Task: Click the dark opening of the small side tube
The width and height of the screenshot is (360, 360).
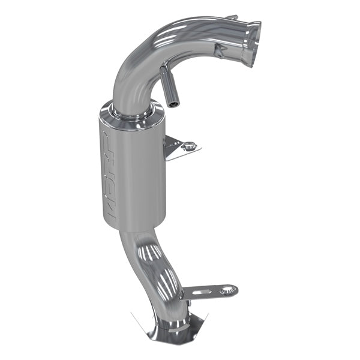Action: pos(173,104)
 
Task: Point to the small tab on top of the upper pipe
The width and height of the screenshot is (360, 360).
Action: pos(232,17)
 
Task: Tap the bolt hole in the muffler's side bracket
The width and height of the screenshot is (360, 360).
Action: pos(190,145)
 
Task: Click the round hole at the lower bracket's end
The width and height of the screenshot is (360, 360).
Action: pos(226,291)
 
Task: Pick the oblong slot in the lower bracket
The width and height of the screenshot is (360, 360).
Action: pos(203,292)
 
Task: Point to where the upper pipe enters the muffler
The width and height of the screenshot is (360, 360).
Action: pos(129,110)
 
